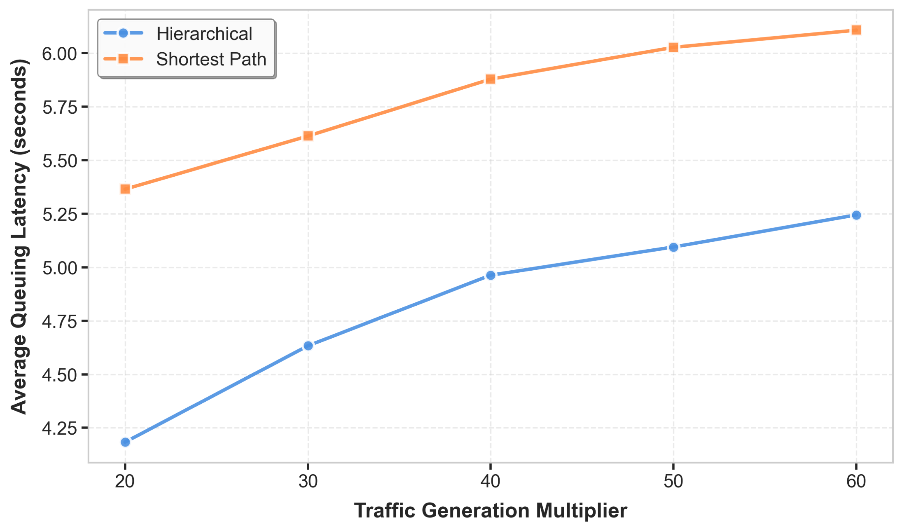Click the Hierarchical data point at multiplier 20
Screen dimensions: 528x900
125,442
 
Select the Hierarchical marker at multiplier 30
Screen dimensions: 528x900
308,346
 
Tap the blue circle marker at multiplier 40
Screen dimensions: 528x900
491,275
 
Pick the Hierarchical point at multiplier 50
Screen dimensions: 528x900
674,247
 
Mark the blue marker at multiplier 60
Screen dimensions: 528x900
856,215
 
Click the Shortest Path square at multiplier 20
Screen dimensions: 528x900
125,189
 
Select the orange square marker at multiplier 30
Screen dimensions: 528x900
308,136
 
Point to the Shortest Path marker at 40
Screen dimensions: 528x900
491,79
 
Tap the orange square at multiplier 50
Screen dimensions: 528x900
674,47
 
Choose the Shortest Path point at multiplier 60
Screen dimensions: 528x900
856,30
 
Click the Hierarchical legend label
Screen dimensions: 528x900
204,34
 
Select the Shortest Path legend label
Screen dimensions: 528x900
211,59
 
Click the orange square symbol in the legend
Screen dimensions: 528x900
123,59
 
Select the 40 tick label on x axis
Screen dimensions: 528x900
490,481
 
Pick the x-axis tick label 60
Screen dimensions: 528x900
856,481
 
